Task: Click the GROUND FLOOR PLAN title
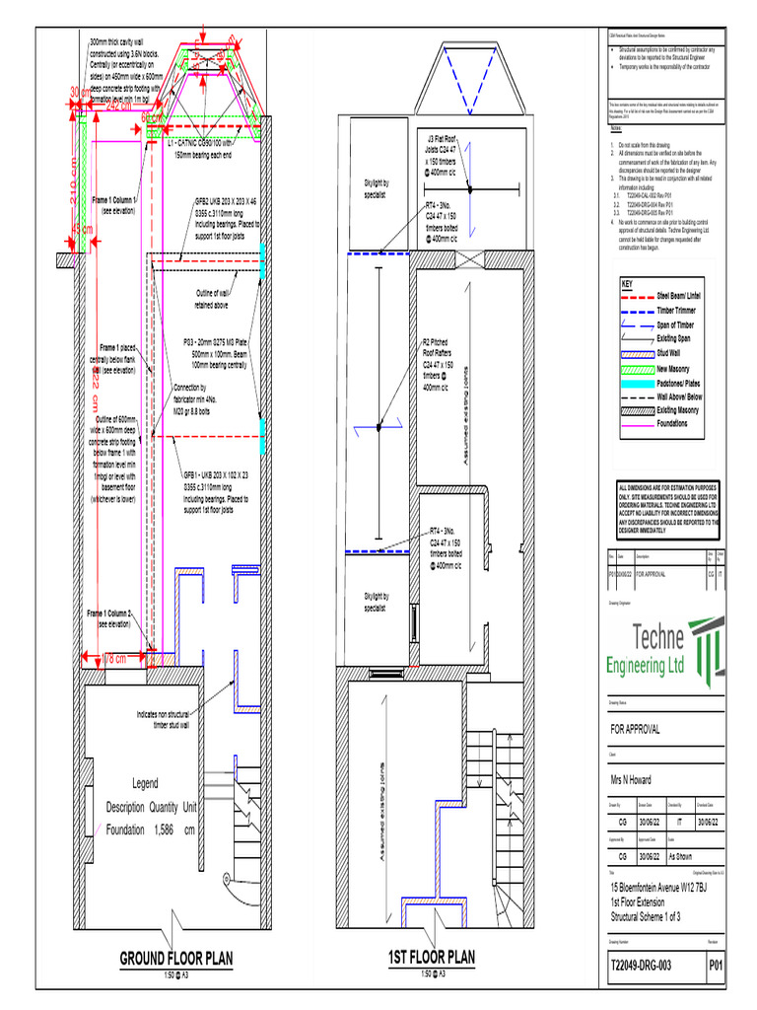(x=176, y=958)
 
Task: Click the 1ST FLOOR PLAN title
(x=431, y=957)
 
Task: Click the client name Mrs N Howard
(x=639, y=778)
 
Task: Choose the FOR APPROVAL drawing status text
(x=636, y=728)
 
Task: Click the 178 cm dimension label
(x=112, y=658)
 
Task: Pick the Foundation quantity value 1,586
(x=157, y=830)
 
